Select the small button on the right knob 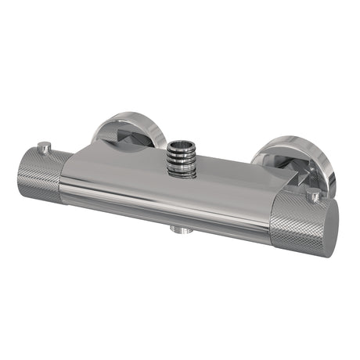tap(315, 194)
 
